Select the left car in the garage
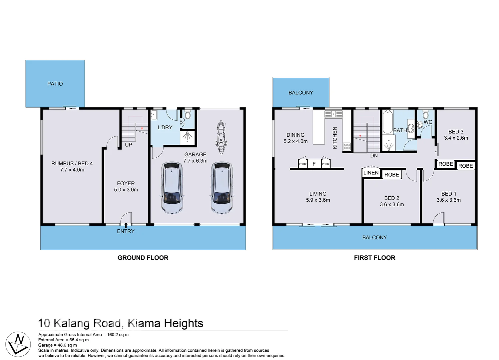[x=172, y=188]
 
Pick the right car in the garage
[x=222, y=188]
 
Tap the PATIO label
[x=55, y=84]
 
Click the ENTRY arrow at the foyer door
[x=126, y=225]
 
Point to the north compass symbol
[x=18, y=344]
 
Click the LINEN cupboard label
[x=371, y=173]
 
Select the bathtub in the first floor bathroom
[x=387, y=122]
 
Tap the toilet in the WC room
[x=426, y=115]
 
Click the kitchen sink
[x=333, y=114]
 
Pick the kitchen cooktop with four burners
[x=347, y=146]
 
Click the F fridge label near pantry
[x=314, y=164]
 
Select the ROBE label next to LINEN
[x=391, y=175]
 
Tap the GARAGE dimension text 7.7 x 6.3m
[x=195, y=161]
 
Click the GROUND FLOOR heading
[x=143, y=258]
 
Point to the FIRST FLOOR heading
[x=374, y=258]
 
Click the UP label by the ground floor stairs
[x=128, y=145]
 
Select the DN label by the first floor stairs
[x=374, y=156]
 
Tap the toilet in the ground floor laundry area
[x=188, y=115]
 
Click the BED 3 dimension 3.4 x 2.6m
[x=456, y=138]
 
